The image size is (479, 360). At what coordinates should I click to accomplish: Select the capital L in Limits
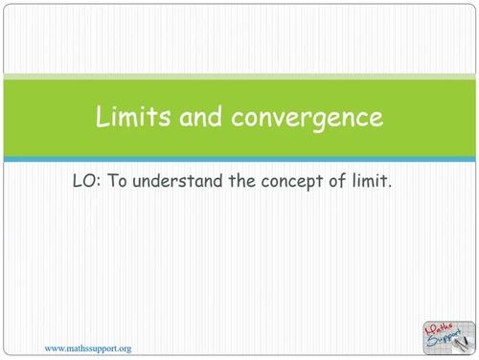pyautogui.click(x=102, y=118)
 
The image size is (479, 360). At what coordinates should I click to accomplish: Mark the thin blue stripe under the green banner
pyautogui.click(x=239, y=159)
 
